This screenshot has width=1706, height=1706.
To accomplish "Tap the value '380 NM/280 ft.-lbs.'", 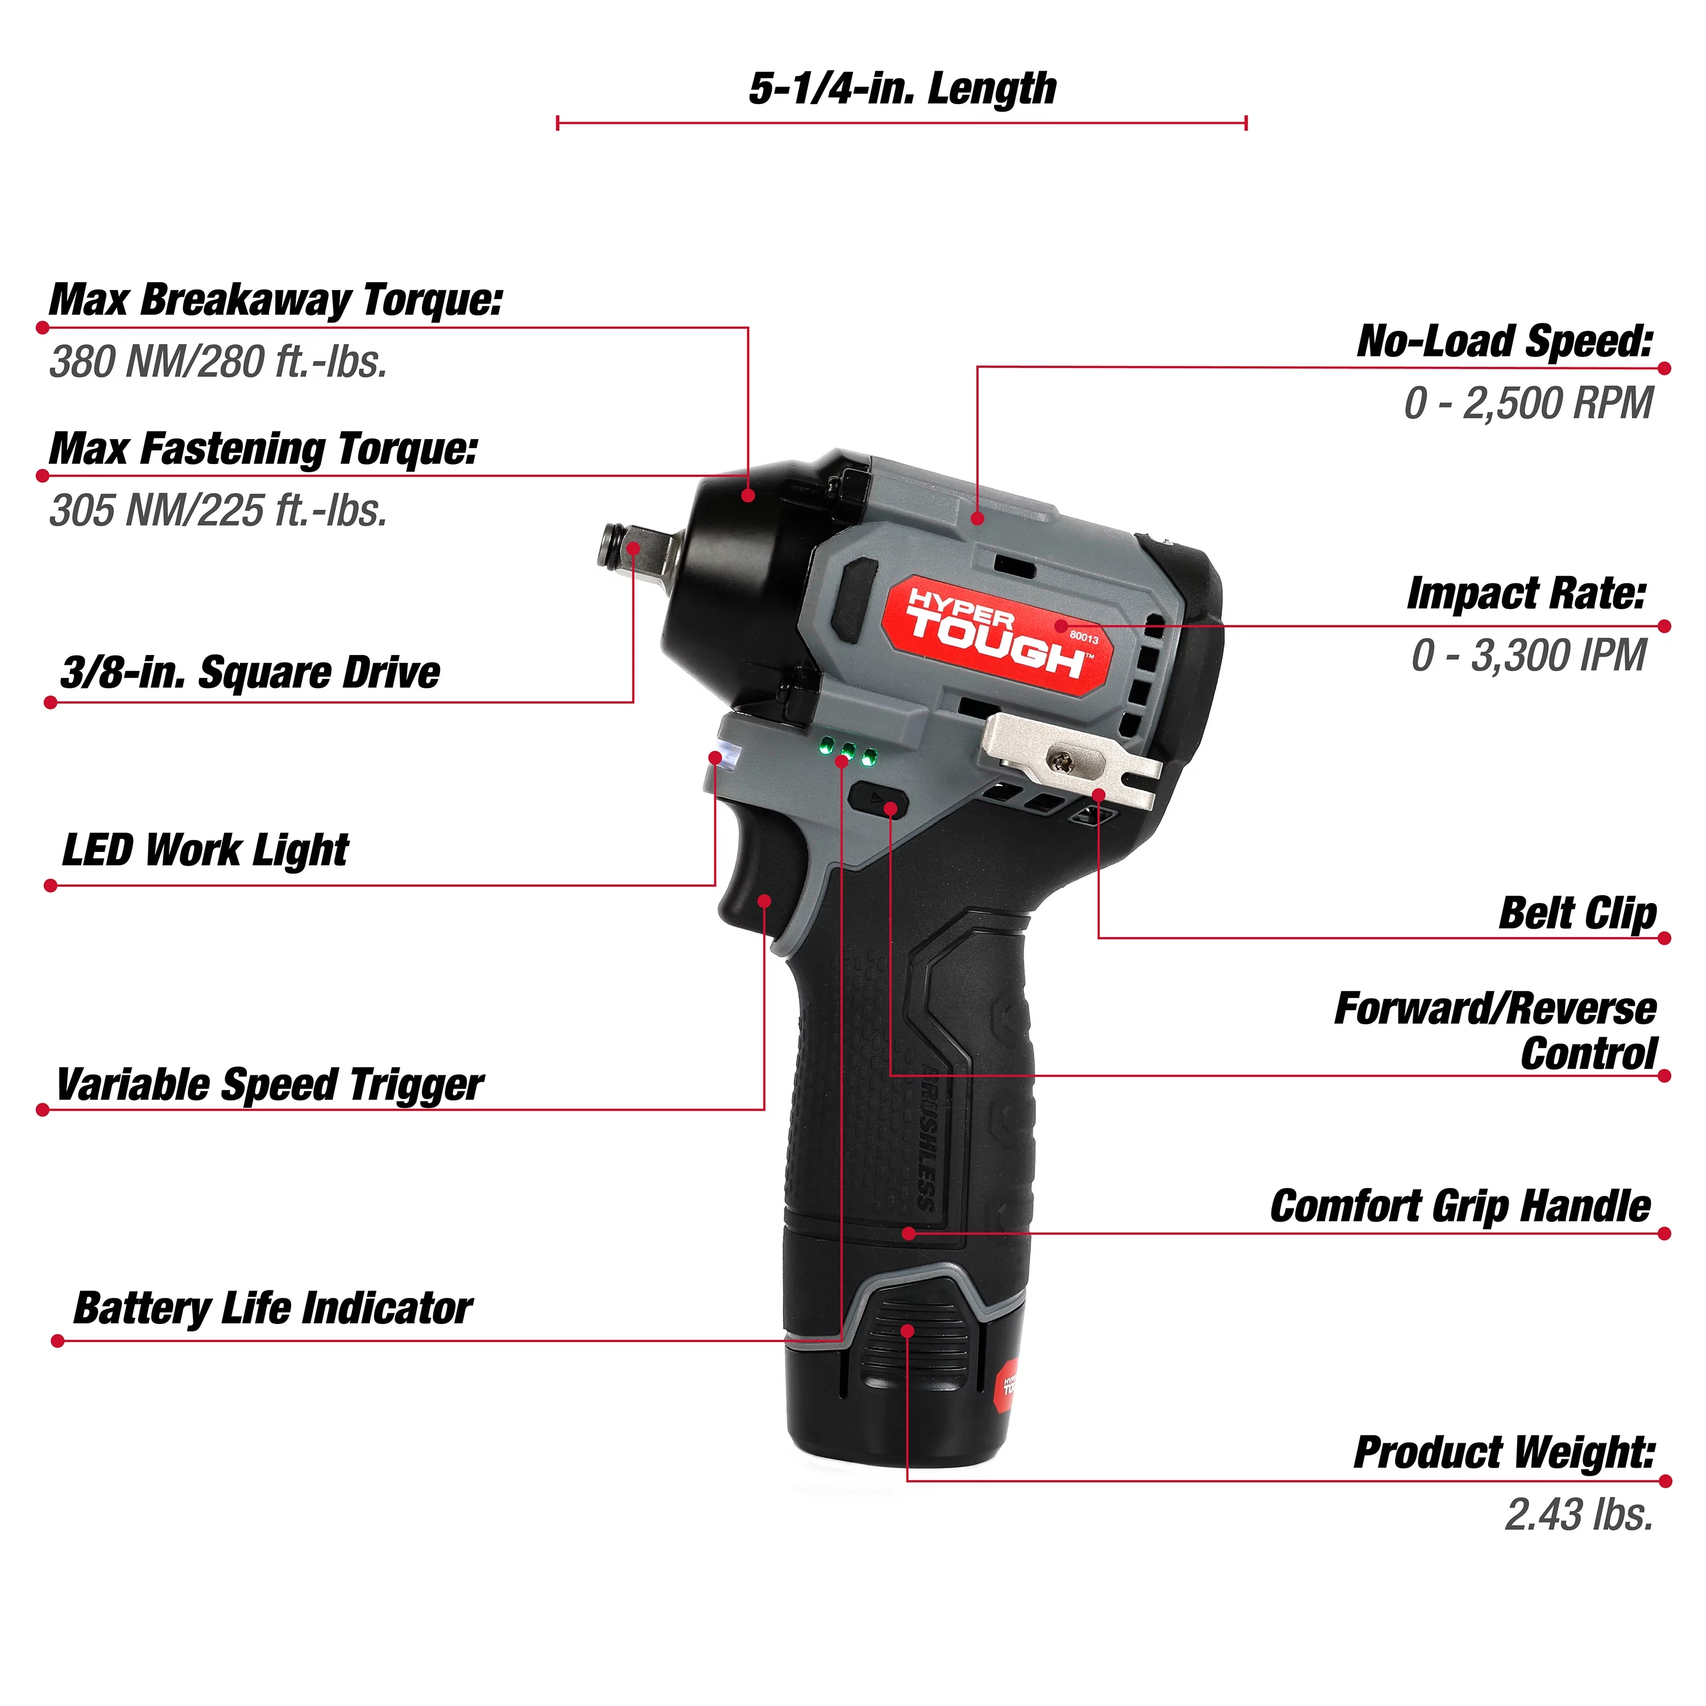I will pos(218,362).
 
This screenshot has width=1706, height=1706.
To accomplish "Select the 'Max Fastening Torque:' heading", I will pos(263,449).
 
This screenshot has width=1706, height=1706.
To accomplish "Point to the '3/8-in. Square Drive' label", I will pos(250,673).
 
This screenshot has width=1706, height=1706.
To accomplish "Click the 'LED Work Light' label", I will pos(205,850).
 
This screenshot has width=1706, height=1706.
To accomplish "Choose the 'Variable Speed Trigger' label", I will pos(270,1084).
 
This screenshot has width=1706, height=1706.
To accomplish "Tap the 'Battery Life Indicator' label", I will pos(273,1308).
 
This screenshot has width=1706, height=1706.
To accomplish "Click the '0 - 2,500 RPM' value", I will pos(1527,404).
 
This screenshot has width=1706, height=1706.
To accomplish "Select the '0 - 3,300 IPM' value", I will pos(1529,655).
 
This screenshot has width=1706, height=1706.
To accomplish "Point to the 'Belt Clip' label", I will pos(1577,913).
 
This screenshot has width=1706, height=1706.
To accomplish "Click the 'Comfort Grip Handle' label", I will pos(1460,1206).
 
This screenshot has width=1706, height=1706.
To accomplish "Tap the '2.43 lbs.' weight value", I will pos(1579,1514).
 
